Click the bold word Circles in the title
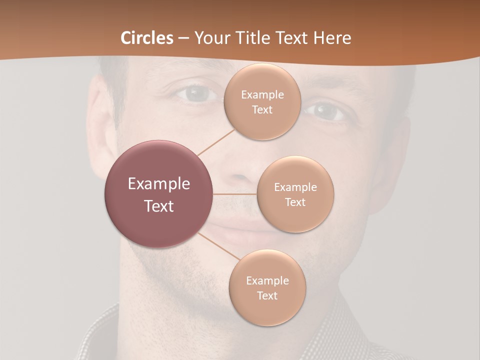pyautogui.click(x=147, y=38)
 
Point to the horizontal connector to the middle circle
pyautogui.click(x=234, y=194)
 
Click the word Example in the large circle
pyautogui.click(x=159, y=184)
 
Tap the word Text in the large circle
pyautogui.click(x=159, y=206)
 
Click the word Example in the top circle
pyautogui.click(x=262, y=95)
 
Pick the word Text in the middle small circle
pyautogui.click(x=295, y=202)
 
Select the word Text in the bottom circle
pyautogui.click(x=267, y=296)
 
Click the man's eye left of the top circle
pyautogui.click(x=197, y=94)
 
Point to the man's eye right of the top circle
pyautogui.click(x=328, y=111)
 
